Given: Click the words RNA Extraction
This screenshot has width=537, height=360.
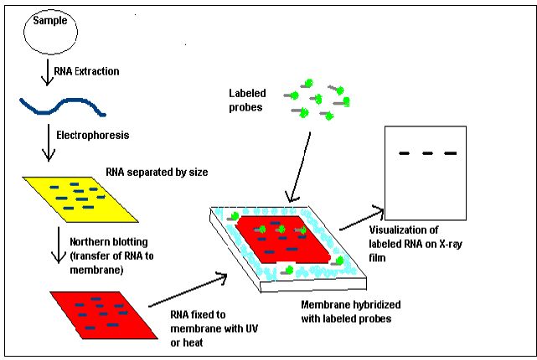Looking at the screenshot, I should coord(86,71).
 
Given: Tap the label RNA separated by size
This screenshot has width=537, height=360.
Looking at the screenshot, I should coord(157,173).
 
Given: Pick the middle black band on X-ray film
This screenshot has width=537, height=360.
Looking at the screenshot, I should coord(428,153).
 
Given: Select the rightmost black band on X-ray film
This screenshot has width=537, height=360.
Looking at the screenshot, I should coord(451,153).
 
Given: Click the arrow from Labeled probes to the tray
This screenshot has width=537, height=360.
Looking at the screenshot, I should coord(304,167).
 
